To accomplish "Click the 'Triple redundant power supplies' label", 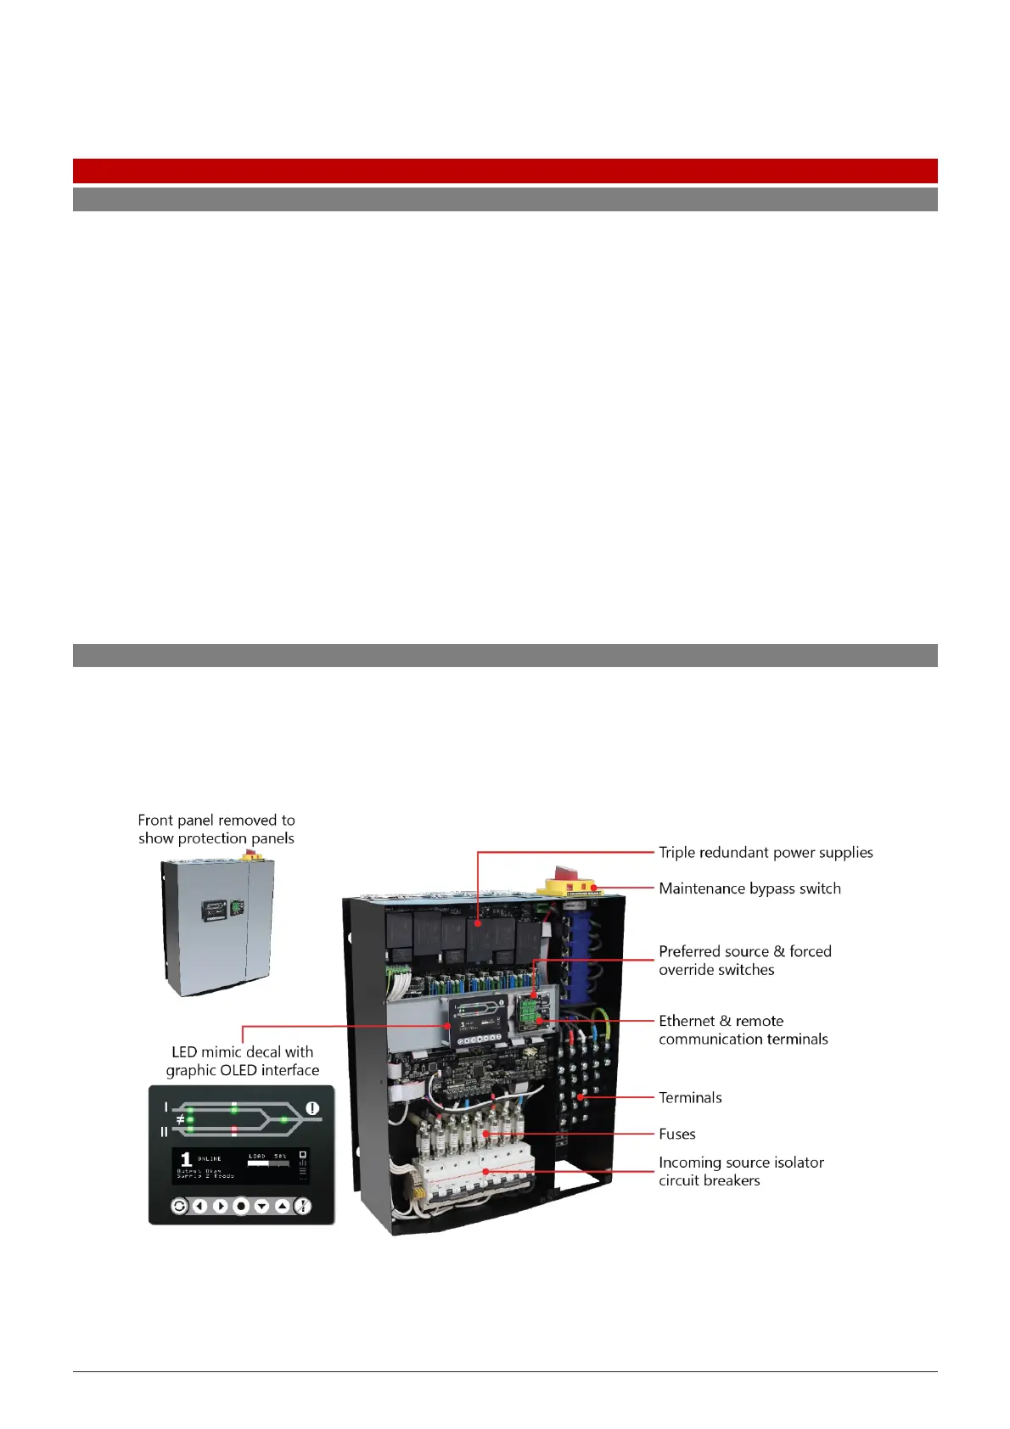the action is coord(766,852).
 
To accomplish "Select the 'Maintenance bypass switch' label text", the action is coord(749,888).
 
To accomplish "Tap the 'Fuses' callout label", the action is coord(676,1134).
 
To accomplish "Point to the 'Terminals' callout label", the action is coord(690,1097).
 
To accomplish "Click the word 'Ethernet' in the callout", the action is coord(687,1021).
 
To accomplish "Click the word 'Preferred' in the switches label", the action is coord(687,951).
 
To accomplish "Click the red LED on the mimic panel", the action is coord(234,1130).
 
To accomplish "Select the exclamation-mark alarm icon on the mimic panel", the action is coord(312,1108).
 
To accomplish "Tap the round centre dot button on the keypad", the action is coord(241,1206).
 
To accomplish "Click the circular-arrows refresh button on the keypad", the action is coord(179,1206).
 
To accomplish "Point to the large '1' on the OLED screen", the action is coord(186,1160).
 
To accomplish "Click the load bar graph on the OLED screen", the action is coord(267,1164).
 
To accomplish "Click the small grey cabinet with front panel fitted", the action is coord(217,927).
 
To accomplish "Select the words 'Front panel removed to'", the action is coord(216,820).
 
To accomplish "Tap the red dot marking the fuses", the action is coord(485,1134).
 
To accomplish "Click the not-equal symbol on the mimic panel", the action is coord(180,1120).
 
